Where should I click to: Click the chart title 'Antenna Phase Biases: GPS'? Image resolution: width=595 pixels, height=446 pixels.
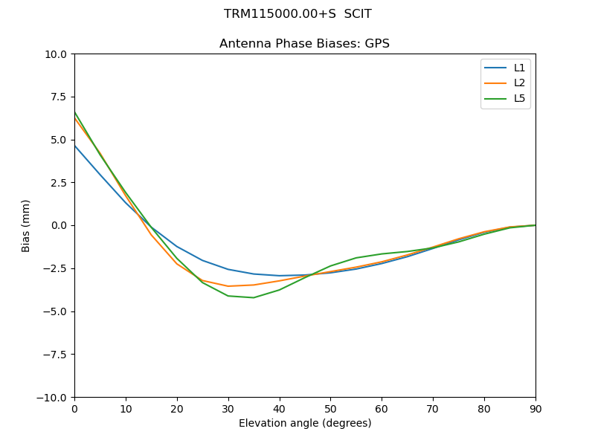pyautogui.click(x=304, y=44)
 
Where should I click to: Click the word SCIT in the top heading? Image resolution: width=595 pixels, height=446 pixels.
pyautogui.click(x=358, y=14)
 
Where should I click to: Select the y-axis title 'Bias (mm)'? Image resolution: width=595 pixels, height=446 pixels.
pyautogui.click(x=26, y=225)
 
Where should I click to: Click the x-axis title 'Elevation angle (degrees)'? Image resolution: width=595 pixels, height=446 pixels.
pyautogui.click(x=304, y=424)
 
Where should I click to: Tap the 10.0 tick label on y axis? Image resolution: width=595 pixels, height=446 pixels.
pyautogui.click(x=55, y=54)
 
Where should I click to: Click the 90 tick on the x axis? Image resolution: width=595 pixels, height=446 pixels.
pyautogui.click(x=535, y=408)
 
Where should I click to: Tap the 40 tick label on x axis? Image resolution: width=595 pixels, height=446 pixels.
pyautogui.click(x=279, y=408)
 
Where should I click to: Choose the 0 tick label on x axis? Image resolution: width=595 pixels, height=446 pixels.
pyautogui.click(x=74, y=408)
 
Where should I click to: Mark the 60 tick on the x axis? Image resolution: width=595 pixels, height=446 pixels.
pyautogui.click(x=382, y=408)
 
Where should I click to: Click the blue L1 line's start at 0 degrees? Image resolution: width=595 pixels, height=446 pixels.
pyautogui.click(x=74, y=145)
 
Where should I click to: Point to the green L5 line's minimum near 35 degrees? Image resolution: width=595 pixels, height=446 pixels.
pyautogui.click(x=254, y=297)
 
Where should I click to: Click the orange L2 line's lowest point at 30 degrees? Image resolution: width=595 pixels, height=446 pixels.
pyautogui.click(x=228, y=286)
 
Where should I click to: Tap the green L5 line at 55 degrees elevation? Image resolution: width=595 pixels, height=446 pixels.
pyautogui.click(x=356, y=258)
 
